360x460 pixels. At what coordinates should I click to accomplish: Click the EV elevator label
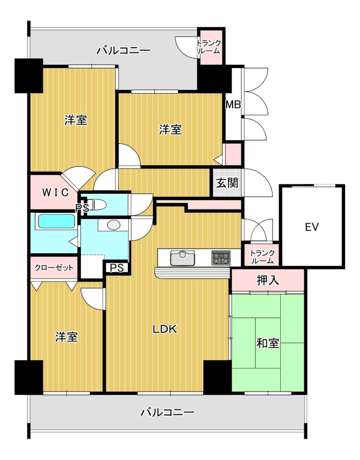pos(311,227)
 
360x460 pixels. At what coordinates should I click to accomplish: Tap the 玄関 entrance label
pos(227,183)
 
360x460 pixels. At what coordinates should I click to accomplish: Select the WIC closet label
pos(55,193)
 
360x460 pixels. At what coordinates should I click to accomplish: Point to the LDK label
pos(165,329)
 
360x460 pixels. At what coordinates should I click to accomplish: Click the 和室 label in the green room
pos(267,343)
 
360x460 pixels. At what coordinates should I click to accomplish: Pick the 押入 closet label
pos(267,281)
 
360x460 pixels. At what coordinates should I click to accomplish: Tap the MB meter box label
pos(233,104)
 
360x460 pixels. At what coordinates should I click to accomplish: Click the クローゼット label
pos(54,267)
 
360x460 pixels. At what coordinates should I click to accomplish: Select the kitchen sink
pos(183,258)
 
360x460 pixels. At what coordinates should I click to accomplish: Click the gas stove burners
pos(221,258)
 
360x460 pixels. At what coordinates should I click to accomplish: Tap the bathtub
pos(56,221)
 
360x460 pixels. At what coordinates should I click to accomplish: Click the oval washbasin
pos(114,225)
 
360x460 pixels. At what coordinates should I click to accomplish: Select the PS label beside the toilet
pos(82,208)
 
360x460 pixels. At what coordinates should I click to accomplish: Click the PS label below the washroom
pos(117,268)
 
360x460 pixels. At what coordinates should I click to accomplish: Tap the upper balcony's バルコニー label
pos(124,50)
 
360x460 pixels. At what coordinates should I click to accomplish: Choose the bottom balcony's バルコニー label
pos(167,412)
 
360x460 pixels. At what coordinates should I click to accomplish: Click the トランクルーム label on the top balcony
pos(209,47)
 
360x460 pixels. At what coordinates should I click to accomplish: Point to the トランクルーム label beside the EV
pos(263,257)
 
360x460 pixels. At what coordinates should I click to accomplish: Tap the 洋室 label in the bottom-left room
pos(67,337)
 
